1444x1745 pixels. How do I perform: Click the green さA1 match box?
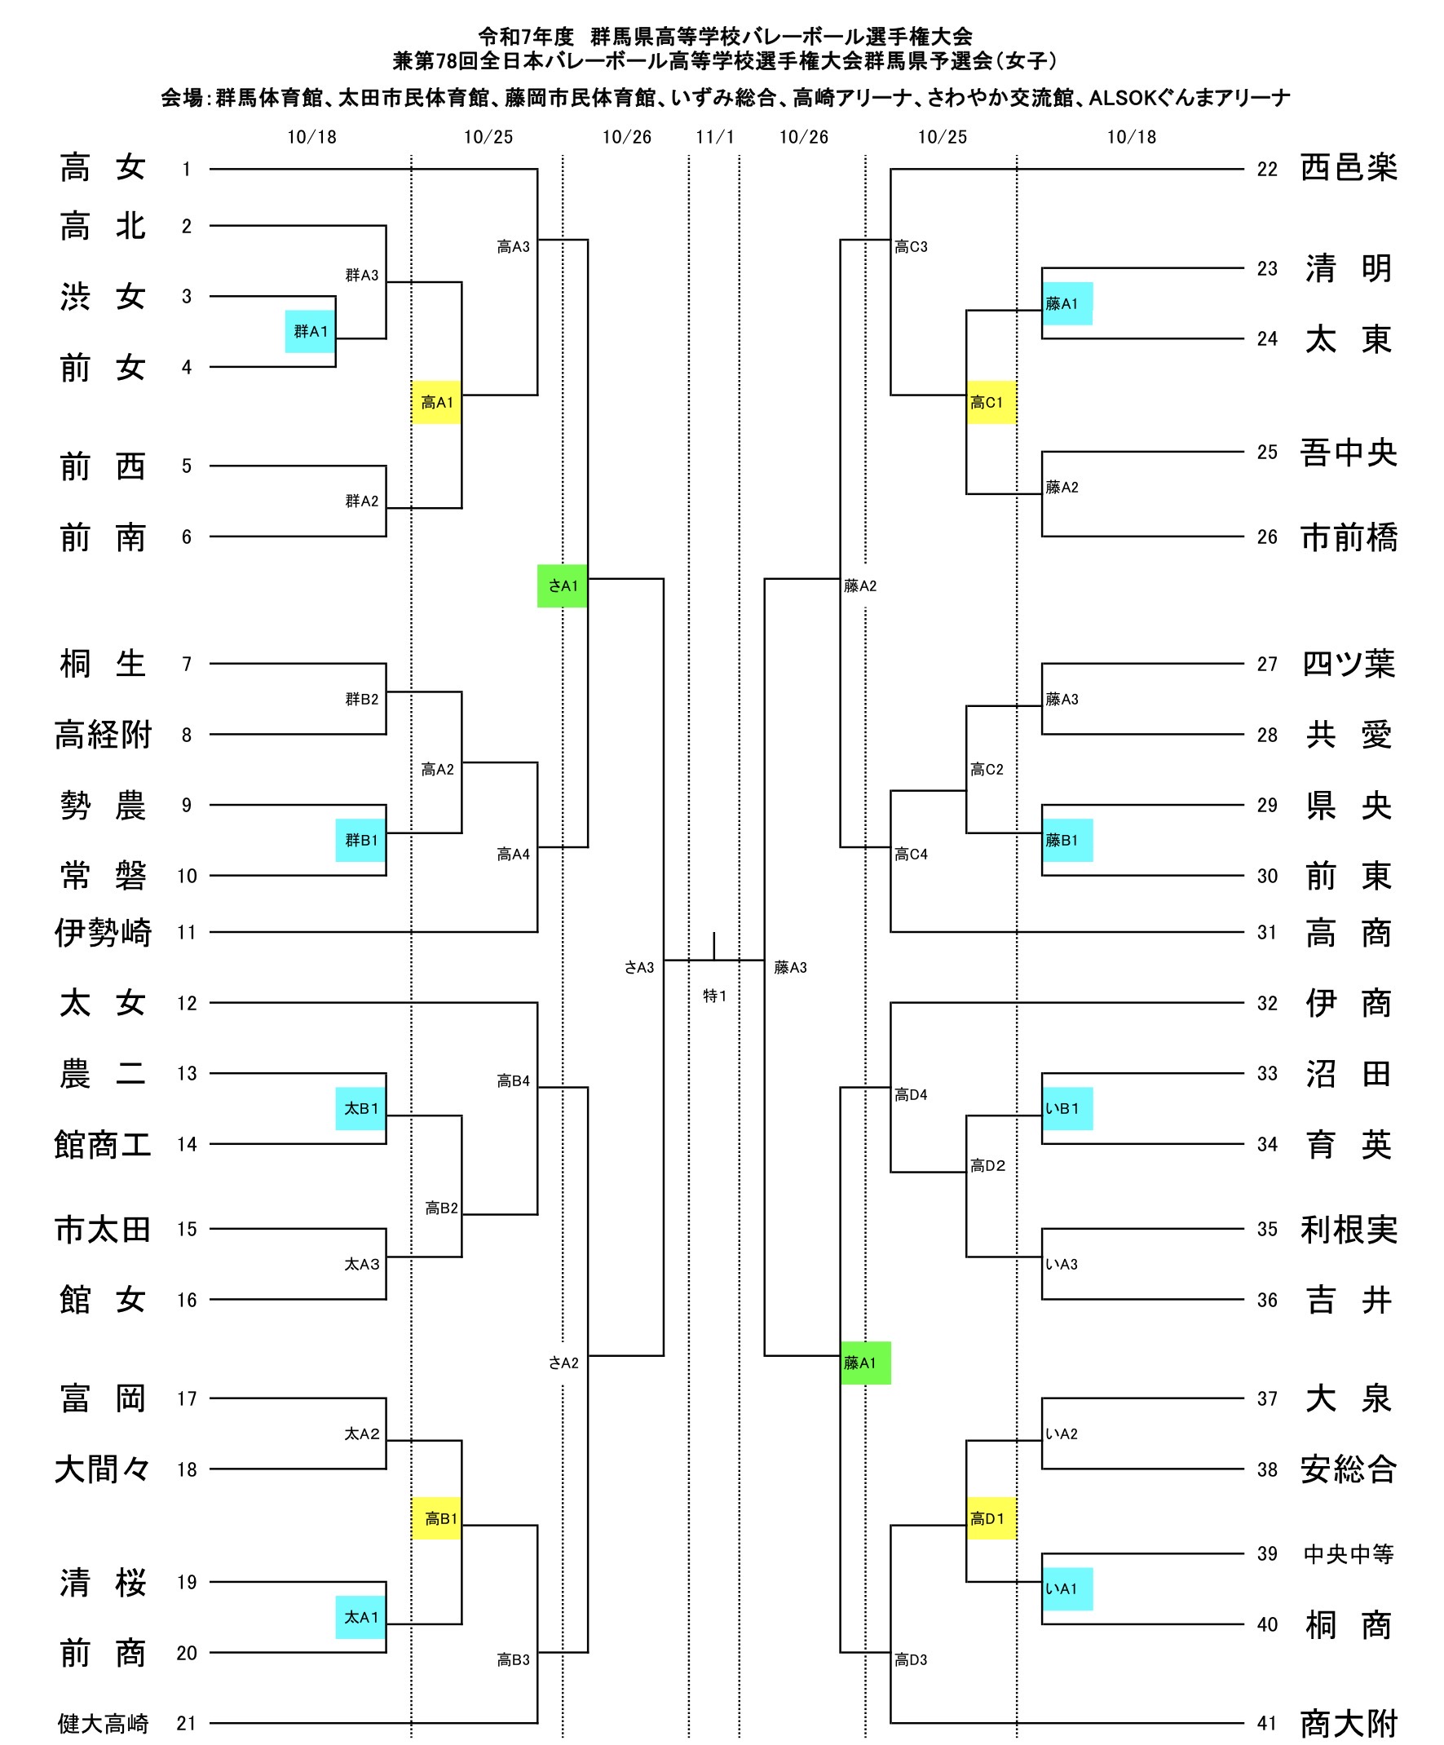[x=562, y=585]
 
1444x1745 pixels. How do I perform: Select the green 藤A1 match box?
[x=865, y=1363]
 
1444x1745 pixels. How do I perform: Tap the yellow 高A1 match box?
[x=436, y=402]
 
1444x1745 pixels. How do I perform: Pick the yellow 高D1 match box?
[x=991, y=1518]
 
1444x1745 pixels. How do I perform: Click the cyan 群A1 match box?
[x=310, y=332]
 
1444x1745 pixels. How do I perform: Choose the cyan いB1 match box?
[x=1066, y=1108]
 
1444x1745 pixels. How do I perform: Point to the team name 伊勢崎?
[x=103, y=932]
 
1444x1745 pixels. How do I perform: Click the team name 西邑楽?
[x=1348, y=169]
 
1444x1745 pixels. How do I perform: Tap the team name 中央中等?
[x=1348, y=1554]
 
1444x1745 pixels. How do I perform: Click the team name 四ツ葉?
[x=1348, y=664]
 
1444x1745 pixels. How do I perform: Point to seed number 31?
[x=1266, y=932]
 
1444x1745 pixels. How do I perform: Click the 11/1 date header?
[x=714, y=137]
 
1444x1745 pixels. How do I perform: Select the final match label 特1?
[x=714, y=996]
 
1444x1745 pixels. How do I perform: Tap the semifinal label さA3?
[x=639, y=967]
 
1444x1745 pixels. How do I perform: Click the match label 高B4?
[x=513, y=1080]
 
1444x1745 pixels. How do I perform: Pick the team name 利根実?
[x=1348, y=1229]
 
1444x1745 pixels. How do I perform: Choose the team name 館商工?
[x=103, y=1144]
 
